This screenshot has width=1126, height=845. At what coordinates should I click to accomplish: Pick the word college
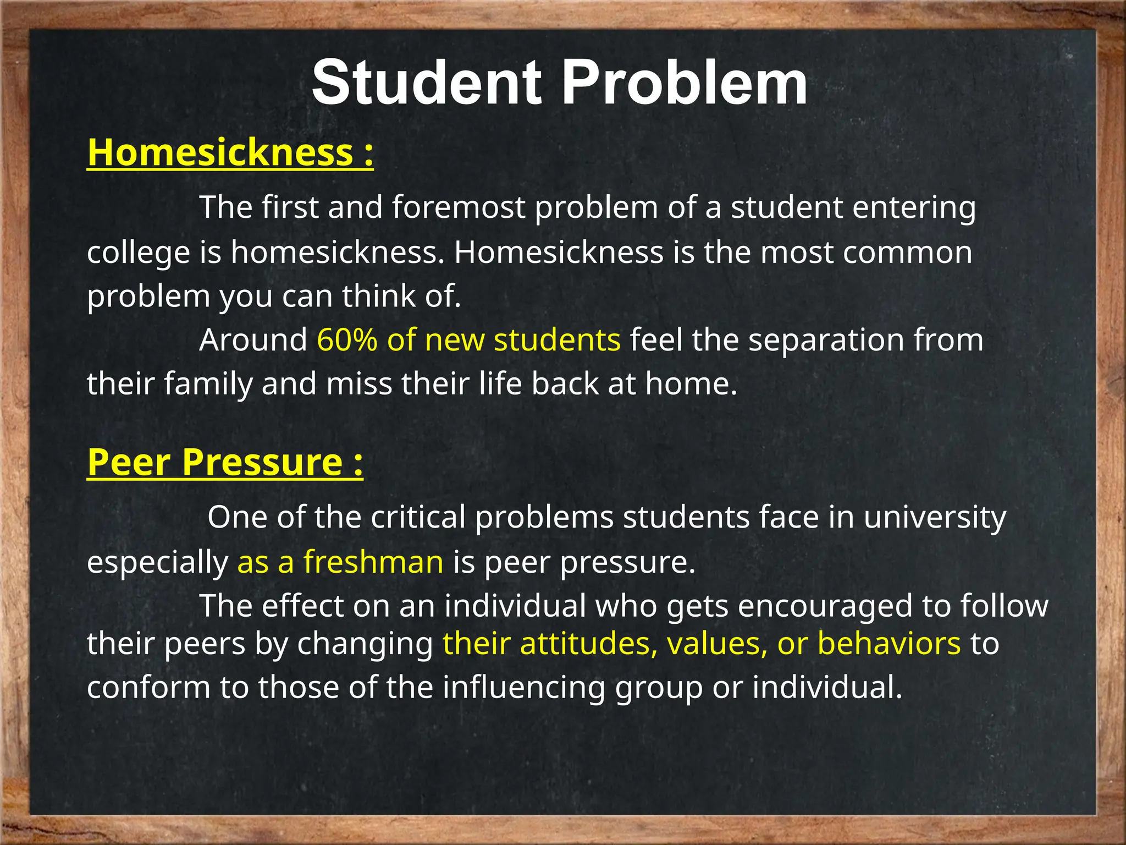click(137, 253)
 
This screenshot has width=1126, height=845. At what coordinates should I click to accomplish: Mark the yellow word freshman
click(373, 562)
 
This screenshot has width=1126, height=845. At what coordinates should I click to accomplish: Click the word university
click(935, 518)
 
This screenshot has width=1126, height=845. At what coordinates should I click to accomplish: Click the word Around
click(253, 340)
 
